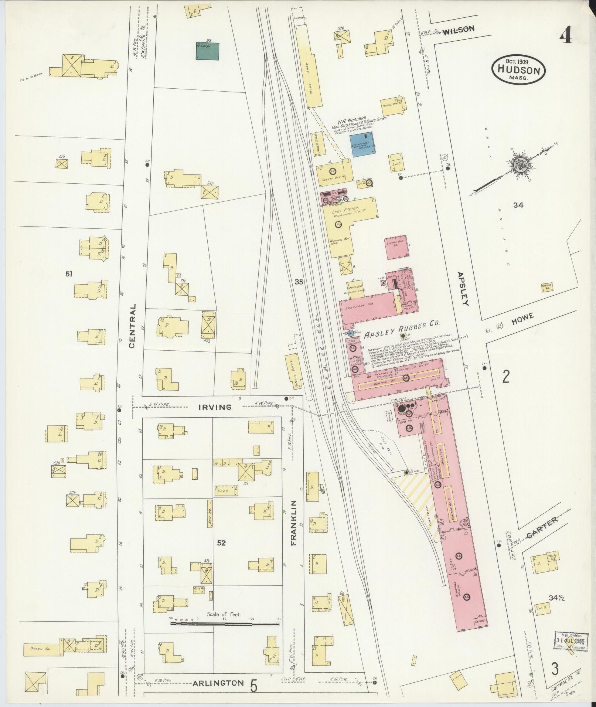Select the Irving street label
point(215,407)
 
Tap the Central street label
point(132,326)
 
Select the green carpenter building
point(207,51)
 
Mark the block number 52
point(221,543)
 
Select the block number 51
point(68,274)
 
